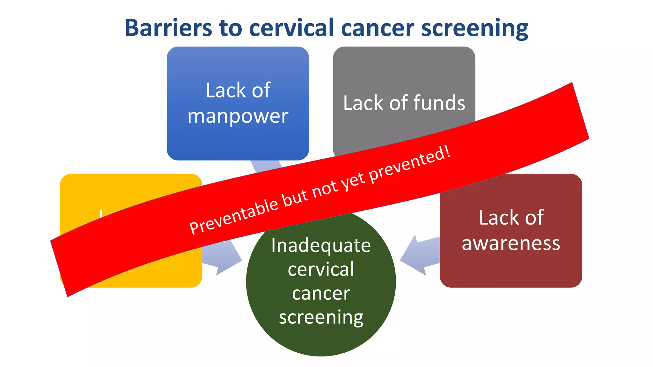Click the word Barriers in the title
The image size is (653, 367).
click(168, 28)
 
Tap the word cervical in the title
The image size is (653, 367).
click(291, 28)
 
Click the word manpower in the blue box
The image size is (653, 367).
click(238, 116)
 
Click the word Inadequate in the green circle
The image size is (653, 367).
click(321, 246)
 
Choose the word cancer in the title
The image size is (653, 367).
click(378, 28)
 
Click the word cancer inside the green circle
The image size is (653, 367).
click(321, 293)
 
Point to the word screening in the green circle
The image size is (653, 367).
click(321, 318)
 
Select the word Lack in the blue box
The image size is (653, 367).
click(222, 90)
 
